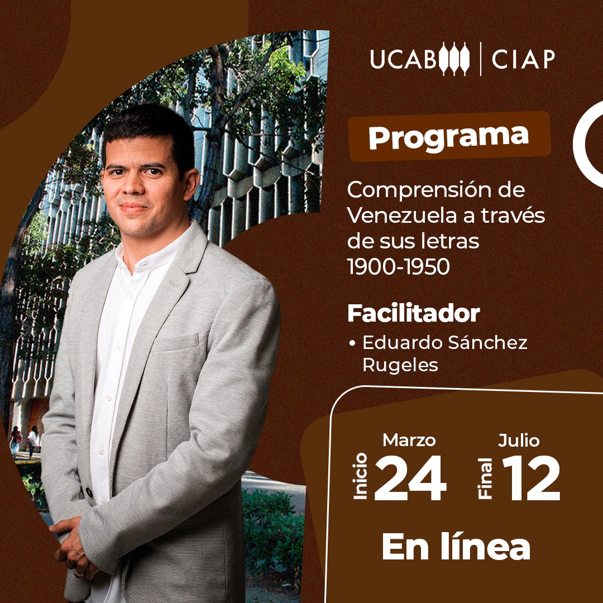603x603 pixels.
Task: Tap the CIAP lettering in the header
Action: click(x=523, y=59)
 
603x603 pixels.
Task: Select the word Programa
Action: click(x=448, y=136)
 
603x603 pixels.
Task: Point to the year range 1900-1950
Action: click(x=398, y=267)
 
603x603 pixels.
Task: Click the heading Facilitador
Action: click(x=413, y=313)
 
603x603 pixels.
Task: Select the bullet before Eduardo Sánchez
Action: click(x=352, y=343)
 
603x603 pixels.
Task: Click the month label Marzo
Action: click(x=409, y=440)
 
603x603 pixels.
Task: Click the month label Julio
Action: click(x=519, y=440)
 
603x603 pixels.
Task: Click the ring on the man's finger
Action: click(x=79, y=573)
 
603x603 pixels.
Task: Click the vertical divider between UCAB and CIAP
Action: click(x=480, y=58)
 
